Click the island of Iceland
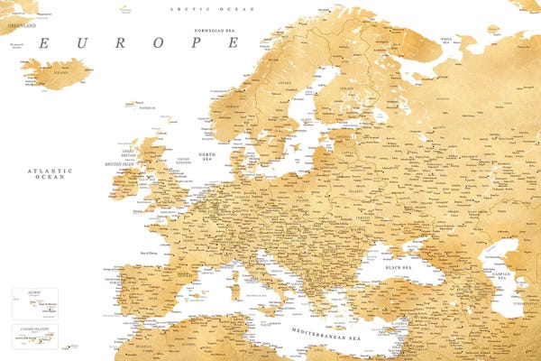click(57, 72)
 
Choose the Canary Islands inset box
click(34, 336)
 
